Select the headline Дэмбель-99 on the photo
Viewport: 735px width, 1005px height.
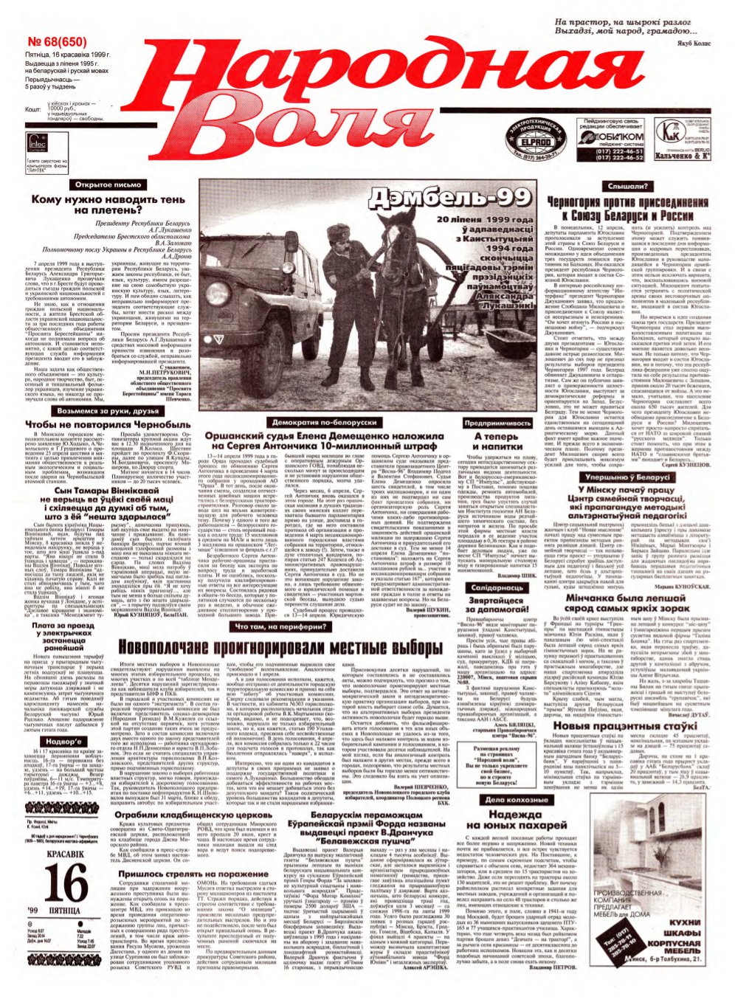pyautogui.click(x=451, y=198)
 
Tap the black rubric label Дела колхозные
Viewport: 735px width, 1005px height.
pyautogui.click(x=517, y=800)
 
